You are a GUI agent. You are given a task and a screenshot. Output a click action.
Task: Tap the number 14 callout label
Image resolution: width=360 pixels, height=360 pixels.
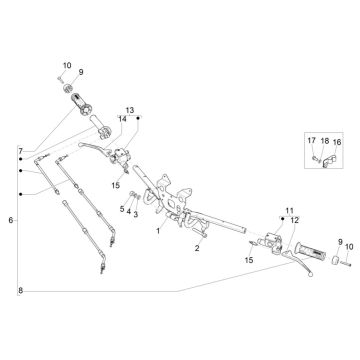(122, 119)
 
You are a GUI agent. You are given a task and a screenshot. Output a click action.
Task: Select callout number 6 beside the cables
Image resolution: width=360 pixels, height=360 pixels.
(11, 219)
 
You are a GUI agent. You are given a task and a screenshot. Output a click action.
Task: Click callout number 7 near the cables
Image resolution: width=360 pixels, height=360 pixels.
(19, 151)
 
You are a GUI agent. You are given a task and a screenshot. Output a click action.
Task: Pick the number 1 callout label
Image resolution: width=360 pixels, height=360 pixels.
(157, 230)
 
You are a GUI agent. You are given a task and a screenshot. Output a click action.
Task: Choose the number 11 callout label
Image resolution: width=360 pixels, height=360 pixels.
(291, 211)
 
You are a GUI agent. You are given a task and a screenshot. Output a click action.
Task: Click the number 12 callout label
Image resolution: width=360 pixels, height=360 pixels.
(294, 220)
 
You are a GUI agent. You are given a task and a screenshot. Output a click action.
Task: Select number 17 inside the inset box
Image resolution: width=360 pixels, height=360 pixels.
(311, 142)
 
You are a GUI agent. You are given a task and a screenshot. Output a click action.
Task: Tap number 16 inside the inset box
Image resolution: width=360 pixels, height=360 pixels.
(337, 142)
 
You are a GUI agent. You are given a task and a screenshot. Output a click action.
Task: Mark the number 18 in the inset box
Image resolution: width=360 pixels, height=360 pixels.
(324, 142)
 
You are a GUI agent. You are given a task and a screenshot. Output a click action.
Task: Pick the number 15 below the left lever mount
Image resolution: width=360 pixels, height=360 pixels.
(115, 185)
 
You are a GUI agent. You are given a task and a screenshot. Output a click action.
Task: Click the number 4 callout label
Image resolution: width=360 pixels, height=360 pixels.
(128, 213)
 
